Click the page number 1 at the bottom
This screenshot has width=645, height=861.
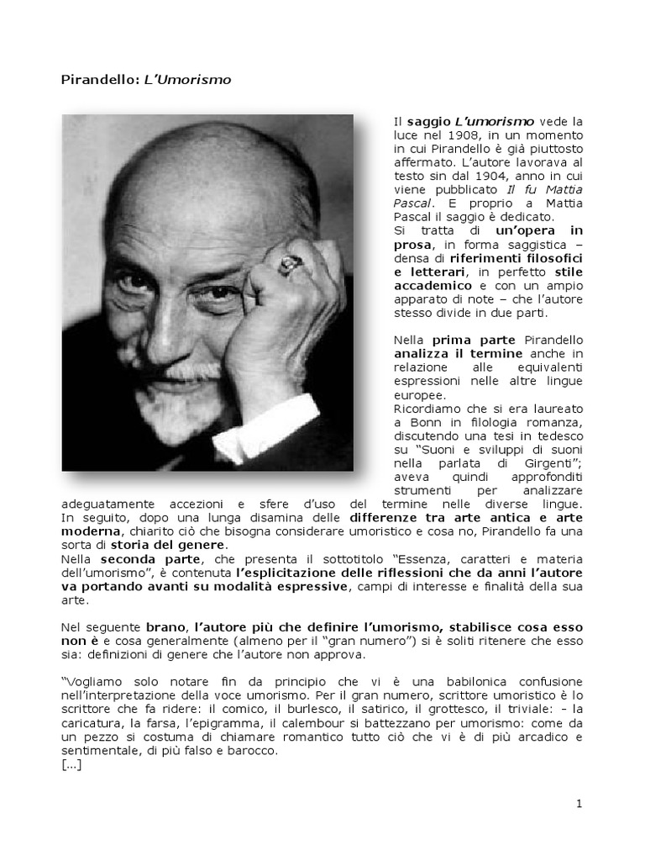[579, 804]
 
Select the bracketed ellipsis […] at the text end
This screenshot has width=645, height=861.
[71, 766]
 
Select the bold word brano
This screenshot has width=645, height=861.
[165, 628]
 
